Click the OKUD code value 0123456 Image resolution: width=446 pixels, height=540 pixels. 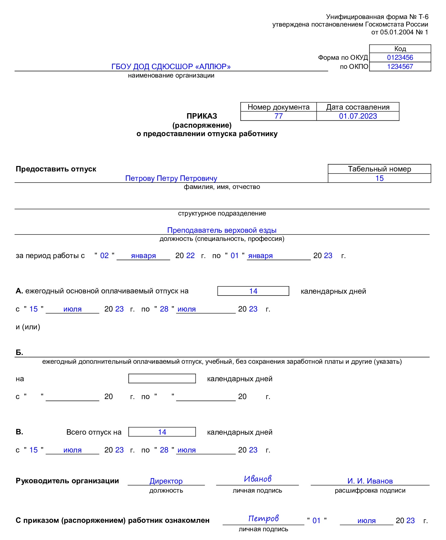(400, 58)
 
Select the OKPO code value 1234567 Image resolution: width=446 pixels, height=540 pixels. (400, 67)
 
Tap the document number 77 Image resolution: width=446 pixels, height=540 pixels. (278, 116)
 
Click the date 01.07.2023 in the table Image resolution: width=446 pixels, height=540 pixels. (358, 116)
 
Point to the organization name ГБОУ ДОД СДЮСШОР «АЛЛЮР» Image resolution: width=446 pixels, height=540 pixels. (171, 67)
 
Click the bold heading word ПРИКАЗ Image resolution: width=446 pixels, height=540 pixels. (202, 116)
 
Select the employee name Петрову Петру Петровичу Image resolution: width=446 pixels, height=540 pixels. (171, 178)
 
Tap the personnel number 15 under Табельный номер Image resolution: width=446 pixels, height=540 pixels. (379, 178)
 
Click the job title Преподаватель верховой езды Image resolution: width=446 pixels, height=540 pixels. (222, 230)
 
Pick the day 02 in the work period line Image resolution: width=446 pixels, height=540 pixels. (104, 256)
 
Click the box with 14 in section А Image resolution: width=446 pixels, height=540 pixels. (253, 291)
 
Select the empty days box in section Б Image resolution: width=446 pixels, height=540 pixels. (162, 379)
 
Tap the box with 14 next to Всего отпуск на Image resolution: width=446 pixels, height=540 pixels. (162, 432)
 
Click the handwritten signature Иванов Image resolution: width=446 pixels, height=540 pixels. (258, 479)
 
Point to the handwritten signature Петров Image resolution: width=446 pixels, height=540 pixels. (263, 519)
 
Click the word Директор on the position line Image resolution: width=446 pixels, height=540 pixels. (166, 481)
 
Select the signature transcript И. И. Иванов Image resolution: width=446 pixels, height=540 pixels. (370, 481)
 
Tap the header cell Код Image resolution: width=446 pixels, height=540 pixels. (400, 49)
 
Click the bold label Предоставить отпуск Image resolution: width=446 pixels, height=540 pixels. (56, 169)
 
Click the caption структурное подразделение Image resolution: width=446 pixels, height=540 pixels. (222, 213)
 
